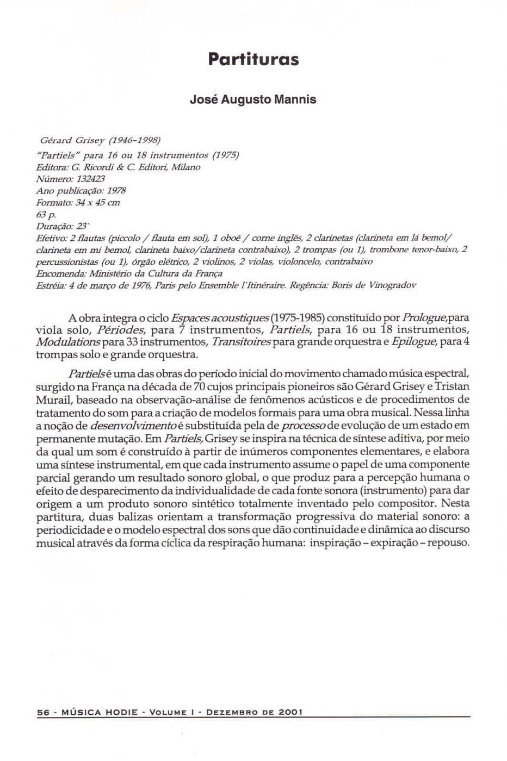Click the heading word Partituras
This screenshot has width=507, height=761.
pos(253,59)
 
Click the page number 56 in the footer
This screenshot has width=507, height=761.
pos(42,712)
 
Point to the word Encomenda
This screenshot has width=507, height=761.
pos(56,273)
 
